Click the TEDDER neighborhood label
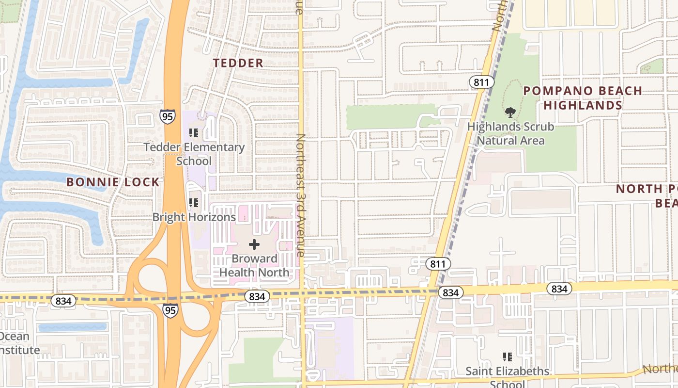[238, 63]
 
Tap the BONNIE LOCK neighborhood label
[113, 182]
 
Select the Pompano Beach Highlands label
[583, 98]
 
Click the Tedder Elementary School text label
[194, 154]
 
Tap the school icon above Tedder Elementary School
[194, 132]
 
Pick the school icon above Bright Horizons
[194, 202]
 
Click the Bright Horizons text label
[194, 217]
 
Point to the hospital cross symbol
[254, 245]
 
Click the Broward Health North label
[254, 265]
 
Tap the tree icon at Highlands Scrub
[510, 113]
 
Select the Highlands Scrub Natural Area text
[510, 134]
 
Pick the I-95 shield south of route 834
[170, 310]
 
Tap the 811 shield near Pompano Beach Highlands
[481, 82]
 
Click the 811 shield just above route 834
[439, 264]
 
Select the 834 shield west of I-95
[63, 301]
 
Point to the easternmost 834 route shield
[559, 289]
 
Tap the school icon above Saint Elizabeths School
[508, 357]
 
